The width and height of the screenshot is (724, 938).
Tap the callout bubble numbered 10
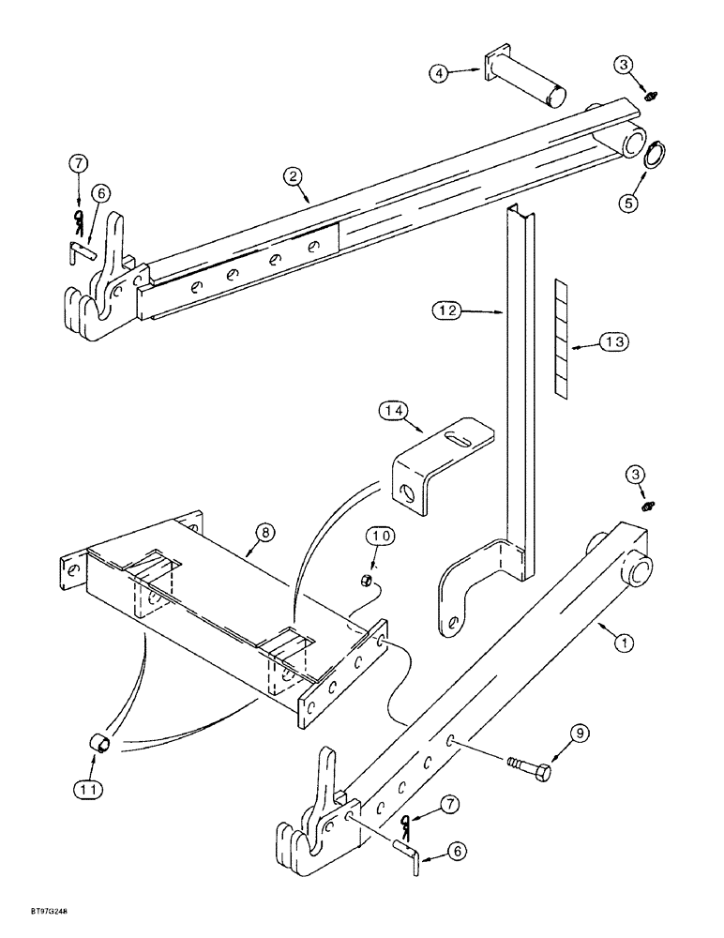click(x=372, y=537)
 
